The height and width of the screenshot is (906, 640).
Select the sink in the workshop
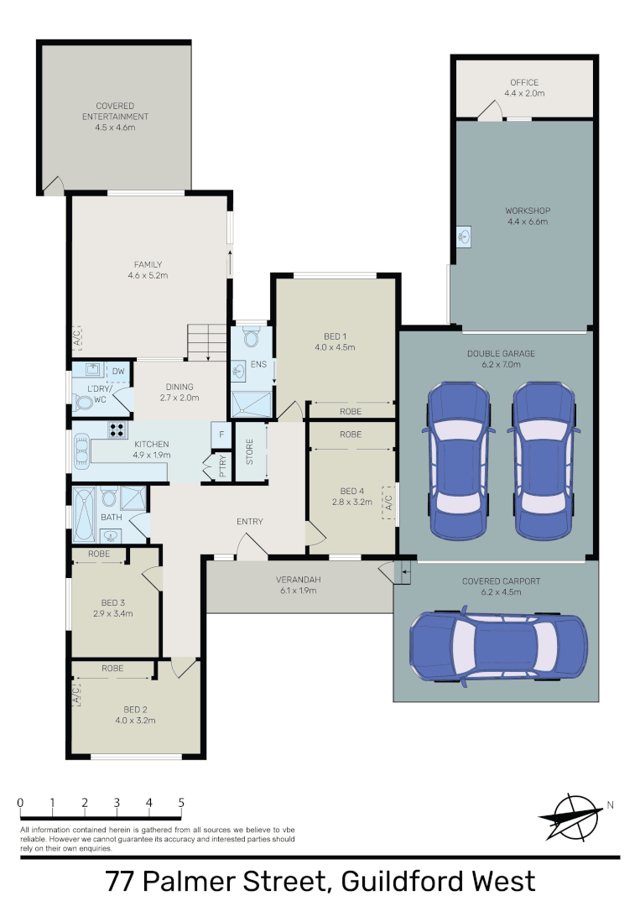pos(464,237)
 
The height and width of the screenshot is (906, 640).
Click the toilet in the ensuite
pos(250,338)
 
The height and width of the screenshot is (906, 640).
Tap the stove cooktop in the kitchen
pos(117,430)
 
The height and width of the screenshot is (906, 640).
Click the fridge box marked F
pos(221,434)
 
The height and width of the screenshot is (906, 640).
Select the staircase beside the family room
pos(206,342)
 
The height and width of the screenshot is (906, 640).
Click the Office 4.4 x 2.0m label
pos(524,88)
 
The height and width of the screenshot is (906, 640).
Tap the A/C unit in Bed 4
pos(388,502)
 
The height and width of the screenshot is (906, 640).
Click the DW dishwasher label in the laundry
pos(118,370)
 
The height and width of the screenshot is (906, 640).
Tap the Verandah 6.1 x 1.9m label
pos(300,586)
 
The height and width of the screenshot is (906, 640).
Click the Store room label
pos(249,453)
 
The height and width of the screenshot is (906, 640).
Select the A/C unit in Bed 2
pos(76,694)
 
